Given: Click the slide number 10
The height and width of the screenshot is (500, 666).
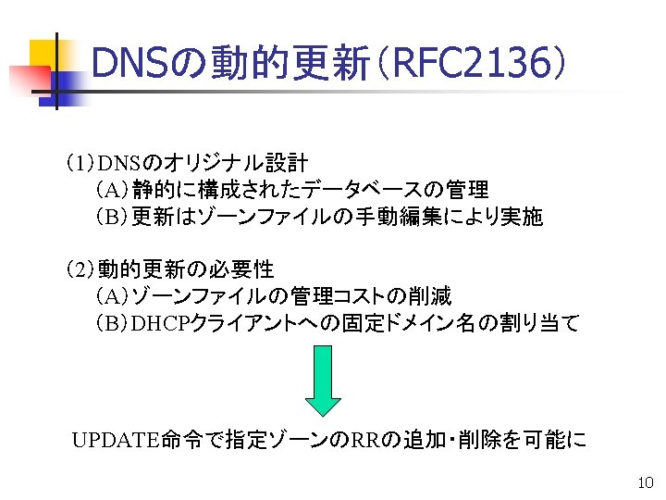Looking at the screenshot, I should tap(646, 482).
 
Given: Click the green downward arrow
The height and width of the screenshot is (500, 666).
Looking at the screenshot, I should tap(323, 380).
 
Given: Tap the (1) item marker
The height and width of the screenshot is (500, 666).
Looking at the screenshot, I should tap(80, 165).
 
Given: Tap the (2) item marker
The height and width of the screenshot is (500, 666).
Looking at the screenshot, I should tap(80, 270).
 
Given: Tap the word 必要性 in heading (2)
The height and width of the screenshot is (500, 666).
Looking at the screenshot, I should tap(239, 270).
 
